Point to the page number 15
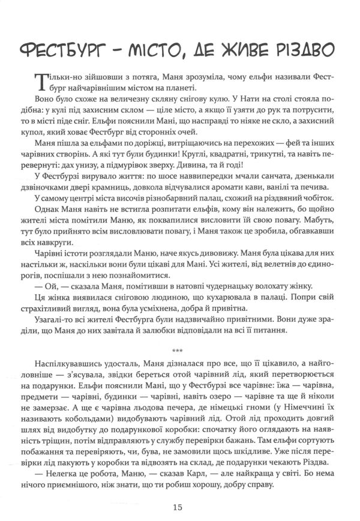(178, 506)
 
